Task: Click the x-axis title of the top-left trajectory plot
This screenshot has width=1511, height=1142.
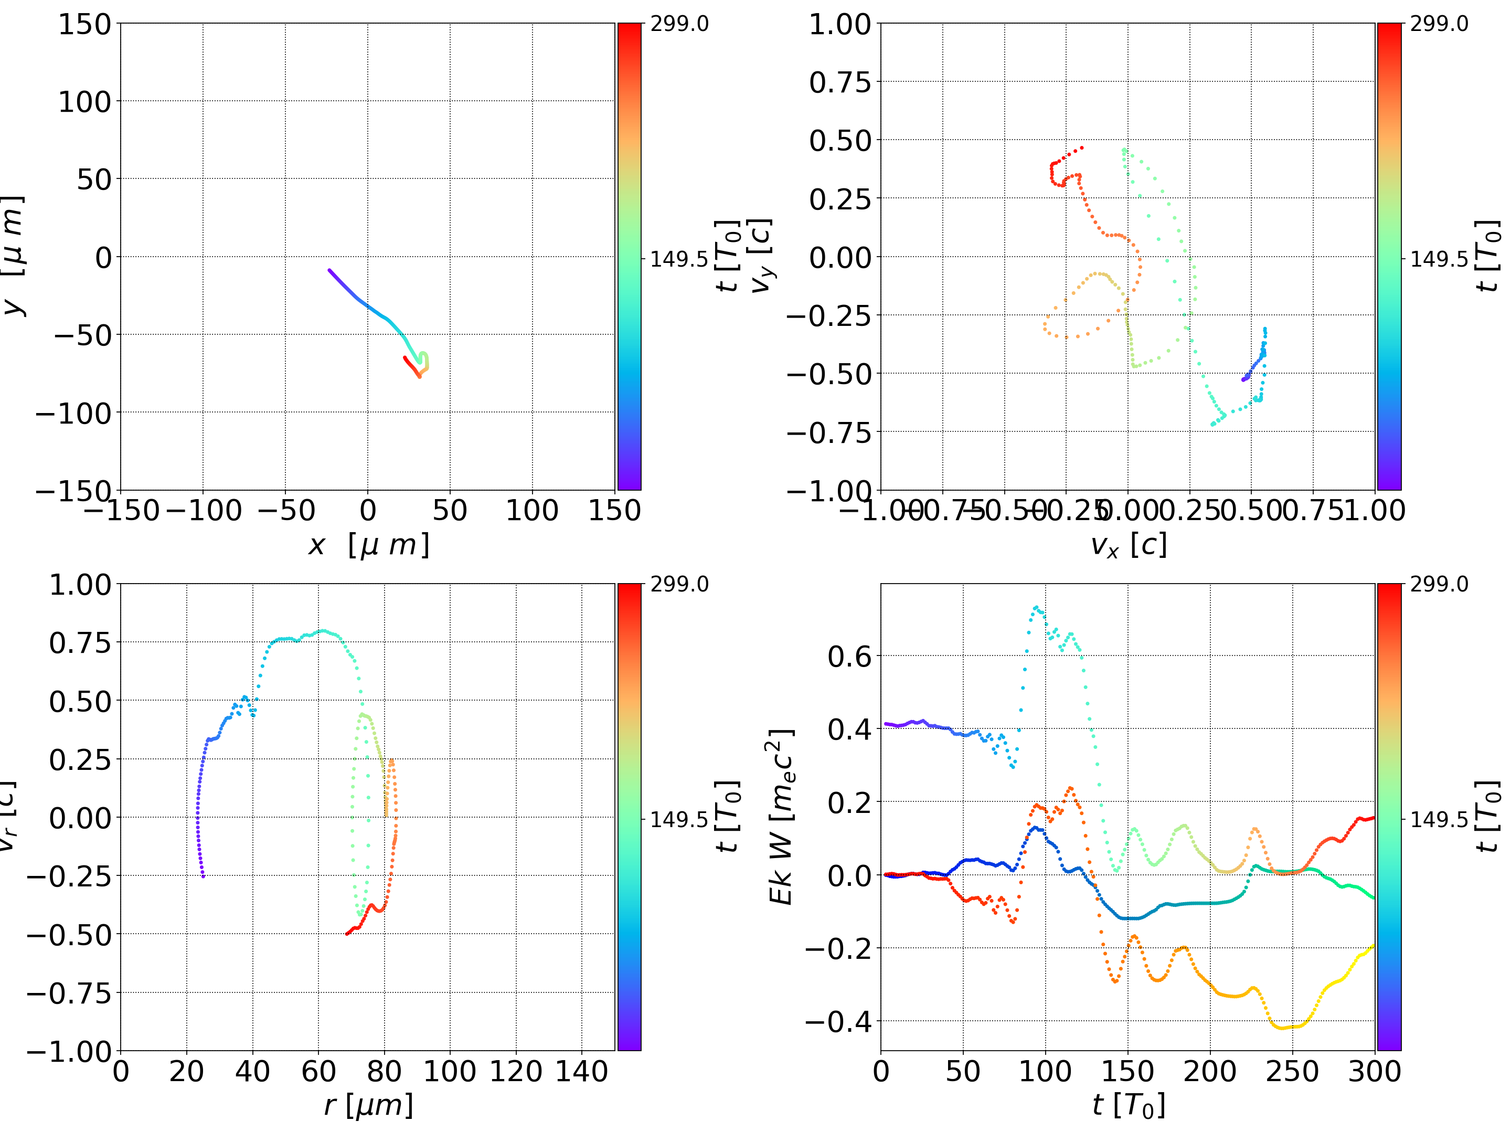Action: (x=368, y=545)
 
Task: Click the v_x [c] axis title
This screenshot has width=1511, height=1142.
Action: (x=1128, y=545)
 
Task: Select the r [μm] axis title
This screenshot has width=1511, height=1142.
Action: (x=368, y=1105)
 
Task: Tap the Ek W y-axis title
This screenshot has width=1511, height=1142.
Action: (x=781, y=817)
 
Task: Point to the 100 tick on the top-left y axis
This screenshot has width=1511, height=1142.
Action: (x=84, y=102)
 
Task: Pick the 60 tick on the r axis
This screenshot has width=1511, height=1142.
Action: (x=318, y=1071)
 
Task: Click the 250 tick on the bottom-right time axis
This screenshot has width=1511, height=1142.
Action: (x=1292, y=1071)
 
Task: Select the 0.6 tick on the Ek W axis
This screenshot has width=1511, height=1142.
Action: (x=850, y=657)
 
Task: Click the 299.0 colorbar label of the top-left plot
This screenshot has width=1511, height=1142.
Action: (x=679, y=24)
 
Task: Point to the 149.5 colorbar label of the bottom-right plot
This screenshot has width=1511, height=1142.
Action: (x=1439, y=819)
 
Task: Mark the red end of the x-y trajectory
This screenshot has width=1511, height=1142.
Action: (x=405, y=357)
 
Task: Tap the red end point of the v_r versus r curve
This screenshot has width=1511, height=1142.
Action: (x=347, y=934)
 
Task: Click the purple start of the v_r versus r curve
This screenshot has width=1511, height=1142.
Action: (x=203, y=876)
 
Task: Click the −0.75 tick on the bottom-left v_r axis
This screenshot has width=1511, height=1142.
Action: (x=68, y=992)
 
